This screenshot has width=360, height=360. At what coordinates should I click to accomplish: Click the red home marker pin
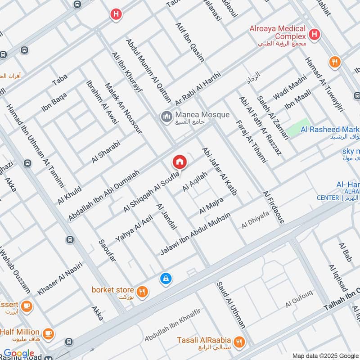coord(179,162)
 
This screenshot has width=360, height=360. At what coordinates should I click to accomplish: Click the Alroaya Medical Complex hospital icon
coord(314,34)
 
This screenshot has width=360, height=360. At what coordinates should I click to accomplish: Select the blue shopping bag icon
coord(166,279)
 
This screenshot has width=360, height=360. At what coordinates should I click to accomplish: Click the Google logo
coord(19,353)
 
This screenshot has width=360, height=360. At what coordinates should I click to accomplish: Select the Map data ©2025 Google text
coord(325,355)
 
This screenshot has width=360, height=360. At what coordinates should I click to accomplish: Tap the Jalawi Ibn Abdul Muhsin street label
coord(195,234)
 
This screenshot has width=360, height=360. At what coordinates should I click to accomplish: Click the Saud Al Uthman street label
coord(230,305)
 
